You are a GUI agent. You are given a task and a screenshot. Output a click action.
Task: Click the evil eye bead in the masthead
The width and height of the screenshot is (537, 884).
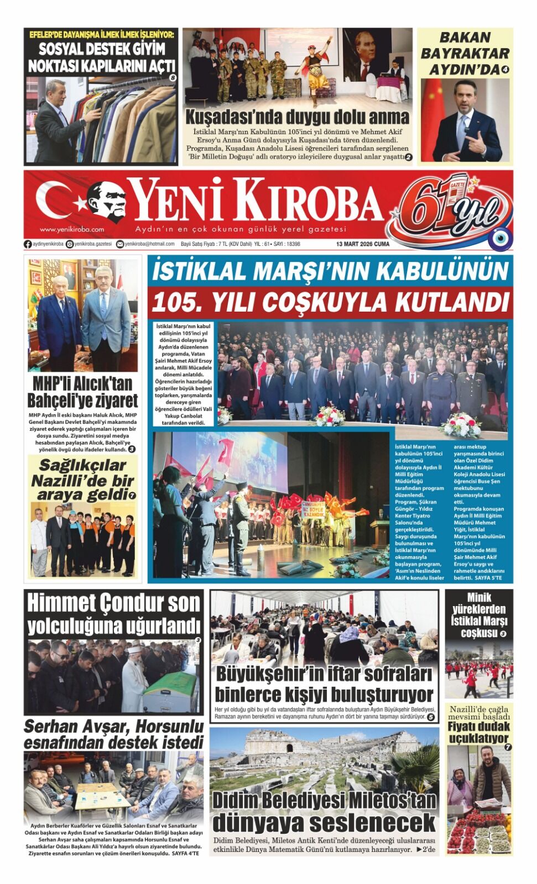500,239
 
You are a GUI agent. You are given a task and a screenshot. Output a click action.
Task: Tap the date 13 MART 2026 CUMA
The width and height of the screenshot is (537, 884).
362,244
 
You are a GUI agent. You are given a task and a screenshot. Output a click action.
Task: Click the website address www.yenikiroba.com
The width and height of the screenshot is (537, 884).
72,229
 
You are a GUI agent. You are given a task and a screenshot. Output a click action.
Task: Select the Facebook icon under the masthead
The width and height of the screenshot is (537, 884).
28,244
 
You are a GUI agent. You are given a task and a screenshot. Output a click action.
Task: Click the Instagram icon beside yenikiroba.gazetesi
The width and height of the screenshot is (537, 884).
70,244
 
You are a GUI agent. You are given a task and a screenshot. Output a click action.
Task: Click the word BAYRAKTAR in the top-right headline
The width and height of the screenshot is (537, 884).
465,54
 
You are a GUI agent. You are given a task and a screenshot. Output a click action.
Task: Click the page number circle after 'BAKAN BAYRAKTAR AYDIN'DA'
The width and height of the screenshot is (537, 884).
505,70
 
